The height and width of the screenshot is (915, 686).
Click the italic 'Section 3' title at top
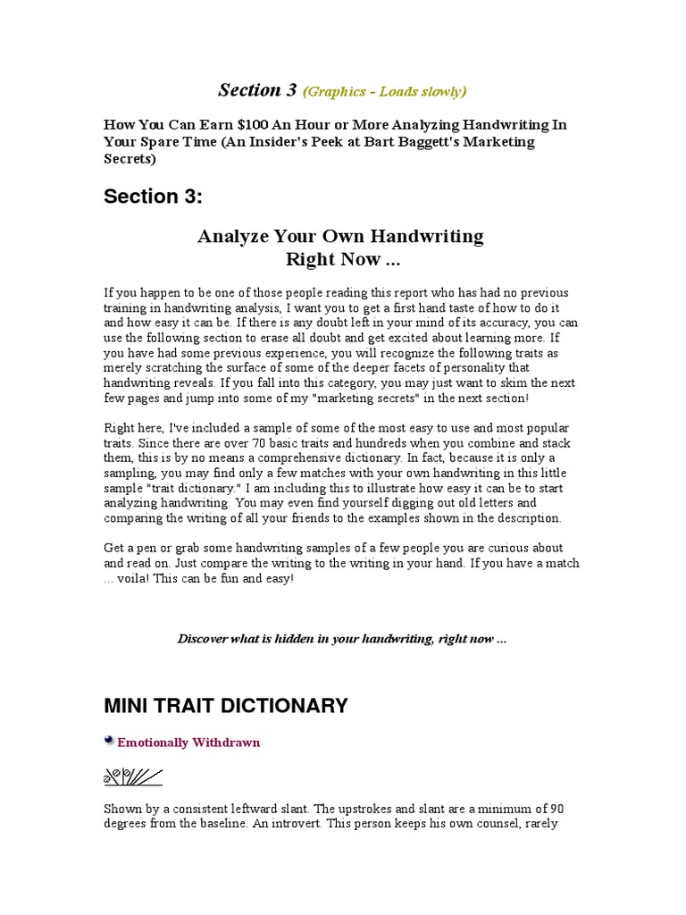257,90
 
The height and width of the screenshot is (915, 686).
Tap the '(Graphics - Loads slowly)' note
385,91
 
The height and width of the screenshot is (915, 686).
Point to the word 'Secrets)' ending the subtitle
130,159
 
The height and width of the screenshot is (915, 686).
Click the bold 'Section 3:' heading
153,197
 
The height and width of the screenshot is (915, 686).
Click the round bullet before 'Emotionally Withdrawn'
109,740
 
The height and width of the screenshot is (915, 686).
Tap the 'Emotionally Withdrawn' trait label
188,743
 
